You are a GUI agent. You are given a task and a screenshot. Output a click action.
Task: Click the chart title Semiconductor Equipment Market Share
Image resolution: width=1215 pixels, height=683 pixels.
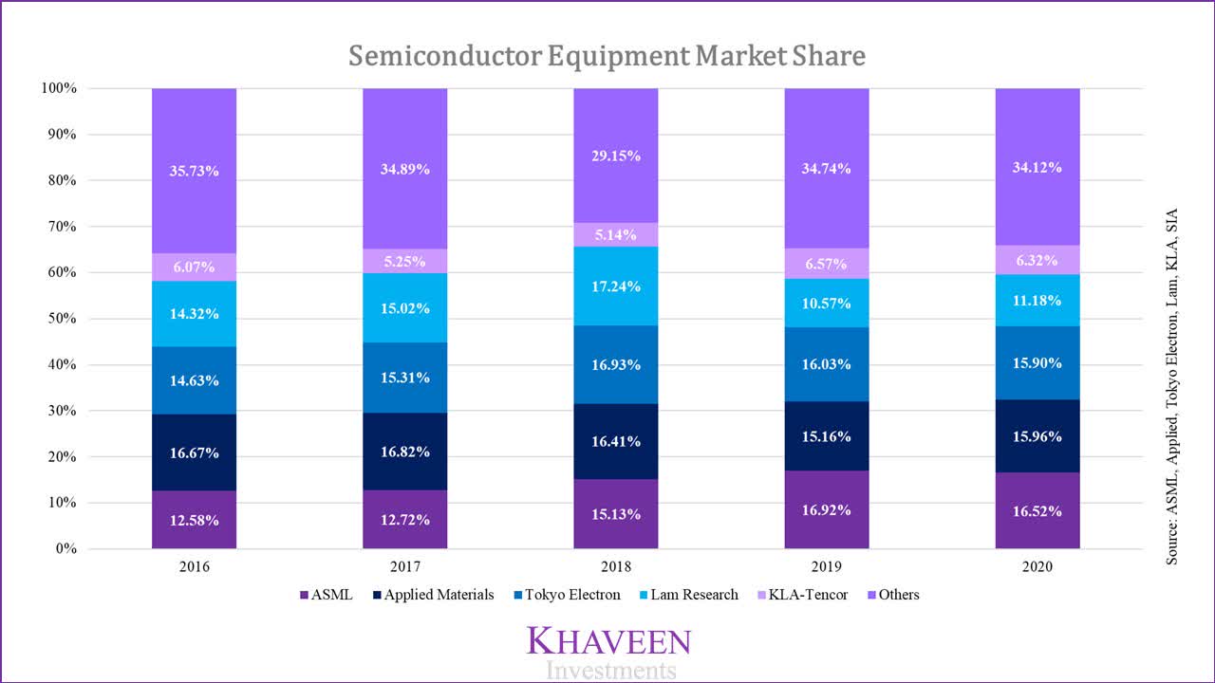(x=607, y=56)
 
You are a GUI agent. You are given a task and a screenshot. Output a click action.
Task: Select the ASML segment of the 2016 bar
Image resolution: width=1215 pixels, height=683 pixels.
(x=194, y=520)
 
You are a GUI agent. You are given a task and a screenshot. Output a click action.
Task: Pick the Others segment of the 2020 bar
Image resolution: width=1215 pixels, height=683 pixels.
(x=1037, y=167)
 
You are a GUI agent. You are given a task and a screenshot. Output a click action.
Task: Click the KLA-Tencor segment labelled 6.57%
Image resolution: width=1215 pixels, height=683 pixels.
(x=827, y=264)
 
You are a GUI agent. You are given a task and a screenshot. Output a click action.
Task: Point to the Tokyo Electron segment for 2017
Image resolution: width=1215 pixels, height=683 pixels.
(x=404, y=378)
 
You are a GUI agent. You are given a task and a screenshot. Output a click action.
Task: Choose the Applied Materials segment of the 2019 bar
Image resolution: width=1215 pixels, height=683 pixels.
(x=827, y=436)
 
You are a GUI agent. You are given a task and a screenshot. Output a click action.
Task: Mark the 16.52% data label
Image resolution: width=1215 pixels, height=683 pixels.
(x=1037, y=510)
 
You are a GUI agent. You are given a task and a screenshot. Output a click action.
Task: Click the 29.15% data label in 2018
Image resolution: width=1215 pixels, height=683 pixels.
(x=616, y=156)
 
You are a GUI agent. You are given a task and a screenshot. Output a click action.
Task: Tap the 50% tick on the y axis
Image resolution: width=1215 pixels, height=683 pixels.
(x=58, y=319)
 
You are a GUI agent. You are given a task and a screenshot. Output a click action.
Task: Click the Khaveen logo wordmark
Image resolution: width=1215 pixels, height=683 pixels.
(x=608, y=641)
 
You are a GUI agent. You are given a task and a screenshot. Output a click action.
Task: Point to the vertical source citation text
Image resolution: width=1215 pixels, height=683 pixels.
(x=1173, y=387)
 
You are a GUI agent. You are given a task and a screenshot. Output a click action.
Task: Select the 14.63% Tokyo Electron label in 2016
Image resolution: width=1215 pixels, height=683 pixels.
(x=194, y=380)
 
